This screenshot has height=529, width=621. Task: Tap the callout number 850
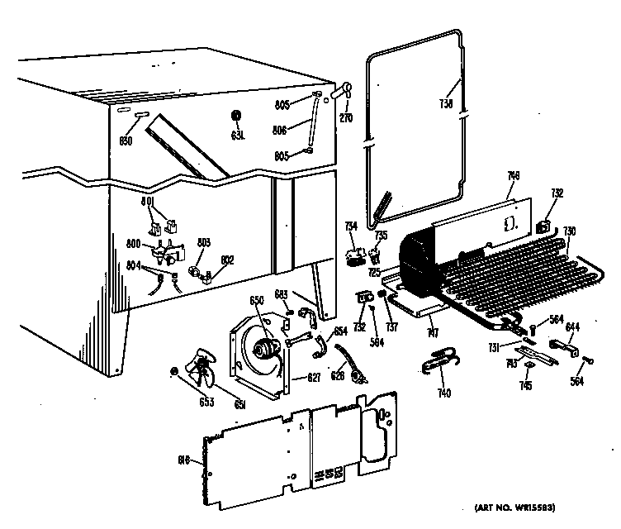click(126, 141)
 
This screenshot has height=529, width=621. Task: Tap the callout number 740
click(445, 393)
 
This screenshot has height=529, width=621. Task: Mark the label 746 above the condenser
click(513, 198)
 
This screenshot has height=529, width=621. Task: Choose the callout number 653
click(183, 403)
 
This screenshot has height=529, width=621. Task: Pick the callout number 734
click(350, 226)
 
